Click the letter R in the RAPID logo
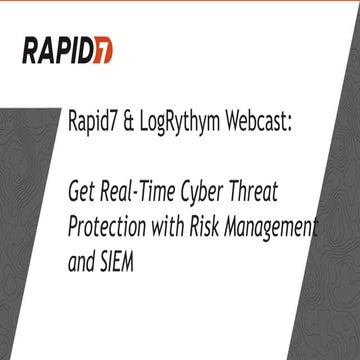click(x=30, y=47)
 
